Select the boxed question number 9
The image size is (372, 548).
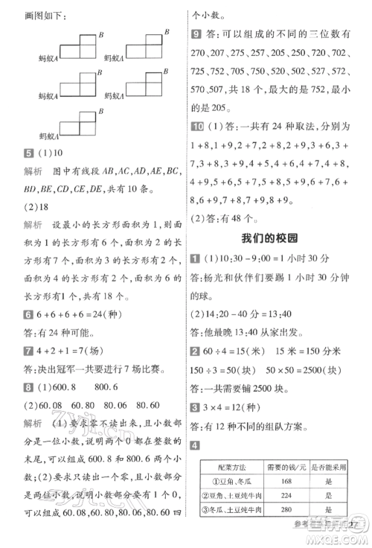(x=196, y=34)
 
